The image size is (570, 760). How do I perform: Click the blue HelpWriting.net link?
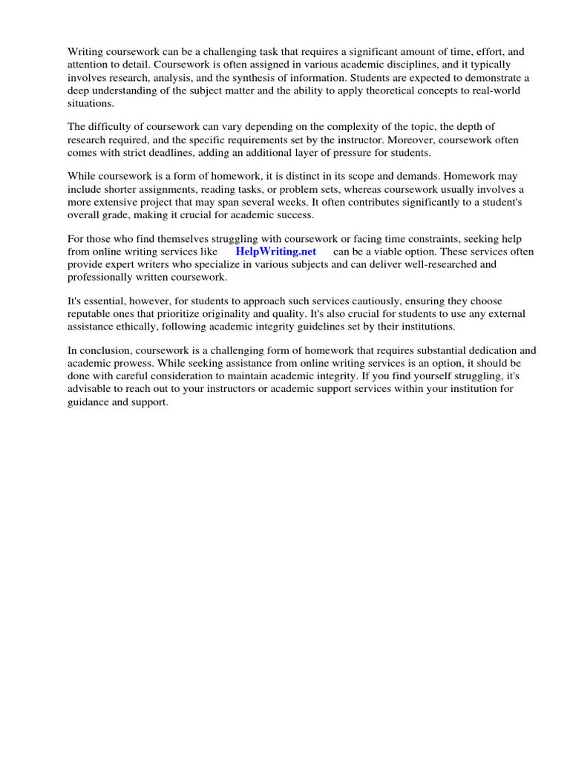click(275, 252)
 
